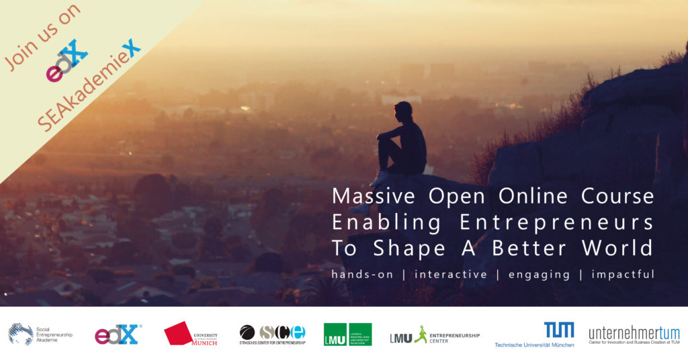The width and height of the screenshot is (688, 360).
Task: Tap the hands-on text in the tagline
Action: pyautogui.click(x=363, y=274)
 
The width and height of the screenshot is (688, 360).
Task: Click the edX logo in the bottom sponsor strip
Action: pyautogui.click(x=118, y=334)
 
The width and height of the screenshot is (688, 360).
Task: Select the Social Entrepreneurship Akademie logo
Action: pyautogui.click(x=40, y=334)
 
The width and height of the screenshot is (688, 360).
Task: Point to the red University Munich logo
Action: pyautogui.click(x=191, y=334)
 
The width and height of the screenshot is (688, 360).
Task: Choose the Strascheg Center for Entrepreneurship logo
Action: pyautogui.click(x=272, y=334)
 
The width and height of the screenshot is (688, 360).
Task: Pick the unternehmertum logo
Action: pyautogui.click(x=634, y=334)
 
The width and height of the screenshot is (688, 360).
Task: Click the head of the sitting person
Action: pyautogui.click(x=403, y=109)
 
